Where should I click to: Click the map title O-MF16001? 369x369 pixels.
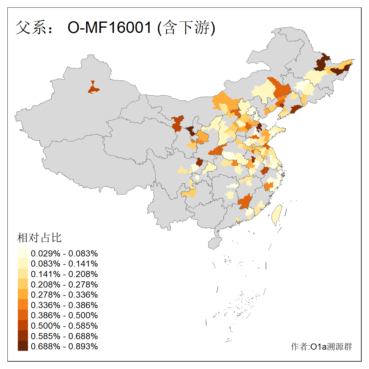tap(109, 27)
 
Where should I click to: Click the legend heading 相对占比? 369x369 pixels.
tap(39, 238)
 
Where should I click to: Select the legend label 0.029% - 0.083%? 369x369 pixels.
tap(64, 253)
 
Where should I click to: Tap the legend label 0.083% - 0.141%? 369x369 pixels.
tap(64, 264)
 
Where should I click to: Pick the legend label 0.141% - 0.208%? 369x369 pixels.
tap(64, 274)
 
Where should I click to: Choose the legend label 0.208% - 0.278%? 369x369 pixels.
tap(64, 284)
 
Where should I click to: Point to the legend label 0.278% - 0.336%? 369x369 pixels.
tap(64, 295)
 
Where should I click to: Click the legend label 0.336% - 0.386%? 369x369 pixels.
tap(64, 305)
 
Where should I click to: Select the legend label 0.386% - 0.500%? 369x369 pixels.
tap(64, 315)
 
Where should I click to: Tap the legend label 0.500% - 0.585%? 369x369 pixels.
tap(64, 326)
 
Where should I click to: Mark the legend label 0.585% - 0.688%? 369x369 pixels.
tap(64, 336)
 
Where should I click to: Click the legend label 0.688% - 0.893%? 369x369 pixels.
tap(64, 346)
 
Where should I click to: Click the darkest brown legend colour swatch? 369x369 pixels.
tap(23, 346)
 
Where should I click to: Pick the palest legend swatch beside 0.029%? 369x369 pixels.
tap(23, 253)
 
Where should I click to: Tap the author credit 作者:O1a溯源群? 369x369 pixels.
tap(321, 347)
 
